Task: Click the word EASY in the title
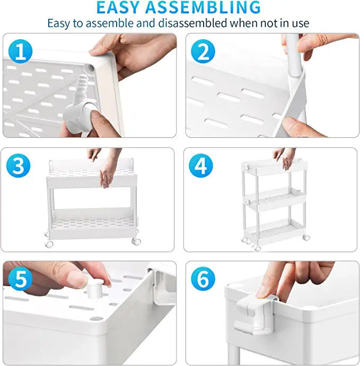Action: tap(118, 7)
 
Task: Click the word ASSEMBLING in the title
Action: tap(203, 7)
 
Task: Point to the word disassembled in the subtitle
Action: tap(192, 23)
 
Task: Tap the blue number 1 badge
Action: tap(20, 51)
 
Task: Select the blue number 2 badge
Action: tap(203, 51)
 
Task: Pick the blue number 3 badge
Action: tap(18, 165)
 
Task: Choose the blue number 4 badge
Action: tap(200, 165)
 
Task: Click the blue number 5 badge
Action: tap(20, 279)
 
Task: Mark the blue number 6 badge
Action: tap(203, 279)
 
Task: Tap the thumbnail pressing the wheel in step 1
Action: tap(95, 115)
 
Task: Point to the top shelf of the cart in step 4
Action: tap(274, 167)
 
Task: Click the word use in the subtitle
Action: tap(300, 23)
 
